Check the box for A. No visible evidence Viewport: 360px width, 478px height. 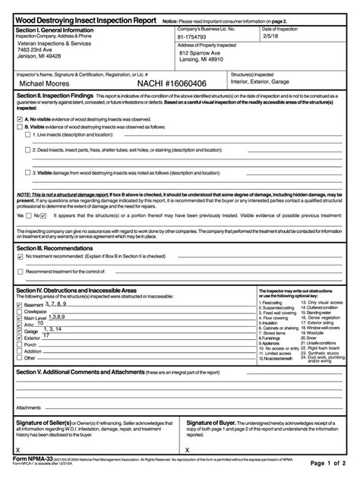(20, 119)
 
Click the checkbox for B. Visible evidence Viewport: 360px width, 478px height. (20, 127)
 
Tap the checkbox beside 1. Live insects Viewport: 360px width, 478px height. (28, 135)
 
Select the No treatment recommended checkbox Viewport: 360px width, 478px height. (20, 256)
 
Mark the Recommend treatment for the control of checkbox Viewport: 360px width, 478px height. (20, 271)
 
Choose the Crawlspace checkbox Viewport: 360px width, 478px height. (20, 310)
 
